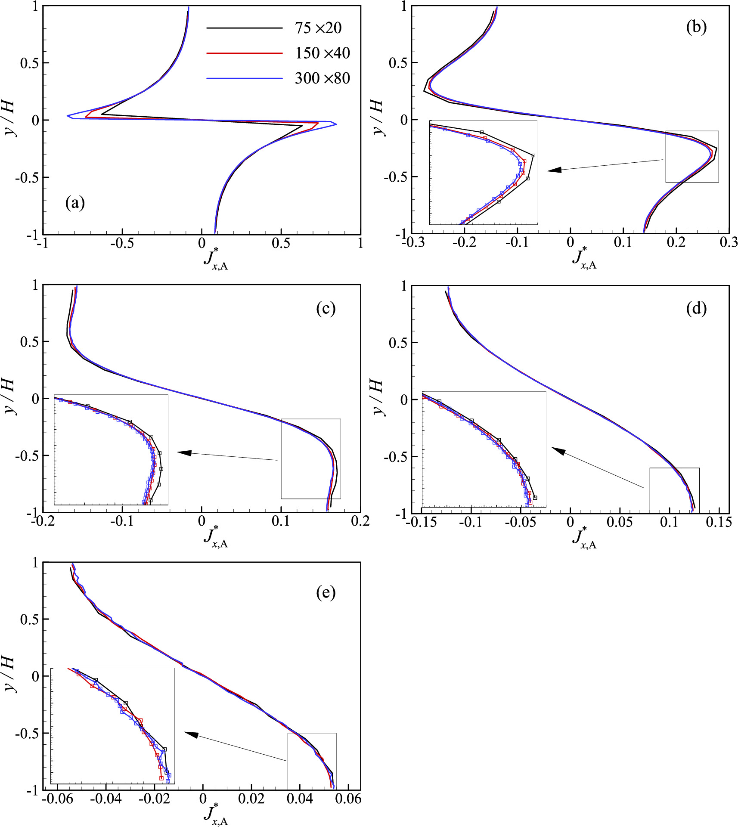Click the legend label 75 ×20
[318, 28]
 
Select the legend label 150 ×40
[322, 53]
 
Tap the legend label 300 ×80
[322, 78]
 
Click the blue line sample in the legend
[244, 78]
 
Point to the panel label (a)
[75, 202]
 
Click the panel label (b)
[696, 27]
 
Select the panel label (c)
[326, 308]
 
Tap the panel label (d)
[696, 308]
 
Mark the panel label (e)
[326, 592]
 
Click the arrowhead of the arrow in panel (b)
[554, 170]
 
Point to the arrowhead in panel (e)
[191, 734]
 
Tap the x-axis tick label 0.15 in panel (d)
[719, 522]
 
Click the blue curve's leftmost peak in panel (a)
[68, 116]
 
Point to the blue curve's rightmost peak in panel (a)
[336, 124]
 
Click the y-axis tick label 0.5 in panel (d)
[398, 343]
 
